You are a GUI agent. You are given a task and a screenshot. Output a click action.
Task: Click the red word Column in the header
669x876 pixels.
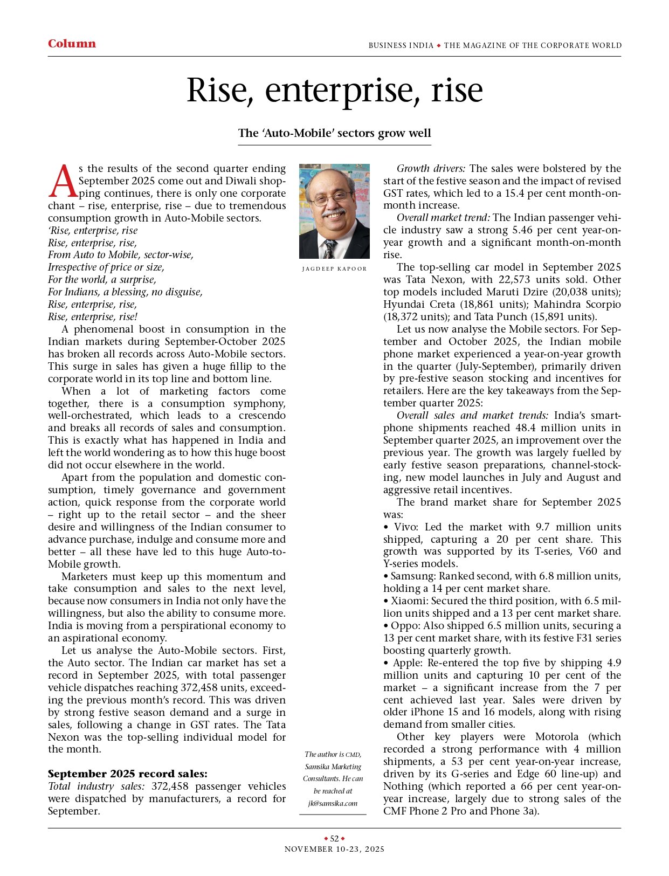[x=72, y=44]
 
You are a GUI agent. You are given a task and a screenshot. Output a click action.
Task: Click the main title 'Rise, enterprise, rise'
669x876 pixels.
[x=334, y=91]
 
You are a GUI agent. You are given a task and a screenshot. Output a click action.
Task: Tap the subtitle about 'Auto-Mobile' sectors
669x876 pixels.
[x=334, y=133]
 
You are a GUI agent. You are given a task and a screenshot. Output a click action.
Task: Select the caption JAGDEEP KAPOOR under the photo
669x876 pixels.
[x=334, y=268]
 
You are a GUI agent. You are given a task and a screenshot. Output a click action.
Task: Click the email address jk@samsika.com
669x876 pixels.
[x=333, y=803]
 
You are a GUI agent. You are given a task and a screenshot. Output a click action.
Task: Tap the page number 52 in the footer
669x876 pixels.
[x=334, y=838]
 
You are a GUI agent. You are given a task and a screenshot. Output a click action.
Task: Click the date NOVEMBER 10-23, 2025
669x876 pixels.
[x=334, y=849]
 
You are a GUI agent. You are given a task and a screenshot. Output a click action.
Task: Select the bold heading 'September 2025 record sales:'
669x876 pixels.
[x=127, y=774]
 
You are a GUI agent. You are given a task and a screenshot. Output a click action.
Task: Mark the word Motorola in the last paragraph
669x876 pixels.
[x=557, y=736]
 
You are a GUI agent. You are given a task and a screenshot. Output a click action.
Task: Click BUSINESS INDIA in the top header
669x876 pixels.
[x=401, y=45]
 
